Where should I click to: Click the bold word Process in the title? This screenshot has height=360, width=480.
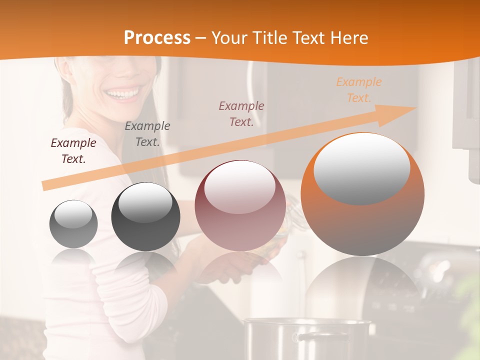click(157, 38)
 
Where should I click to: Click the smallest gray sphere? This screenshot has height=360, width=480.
click(73, 224)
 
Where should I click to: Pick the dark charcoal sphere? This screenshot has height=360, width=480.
click(145, 217)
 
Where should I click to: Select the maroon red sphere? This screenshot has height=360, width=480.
click(240, 206)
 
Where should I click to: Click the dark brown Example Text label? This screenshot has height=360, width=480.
click(73, 151)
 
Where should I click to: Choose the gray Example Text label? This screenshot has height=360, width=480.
click(147, 134)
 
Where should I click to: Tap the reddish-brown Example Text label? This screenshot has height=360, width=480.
click(241, 114)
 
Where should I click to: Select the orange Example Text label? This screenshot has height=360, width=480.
click(359, 90)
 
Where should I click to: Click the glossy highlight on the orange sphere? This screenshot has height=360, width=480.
click(361, 168)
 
